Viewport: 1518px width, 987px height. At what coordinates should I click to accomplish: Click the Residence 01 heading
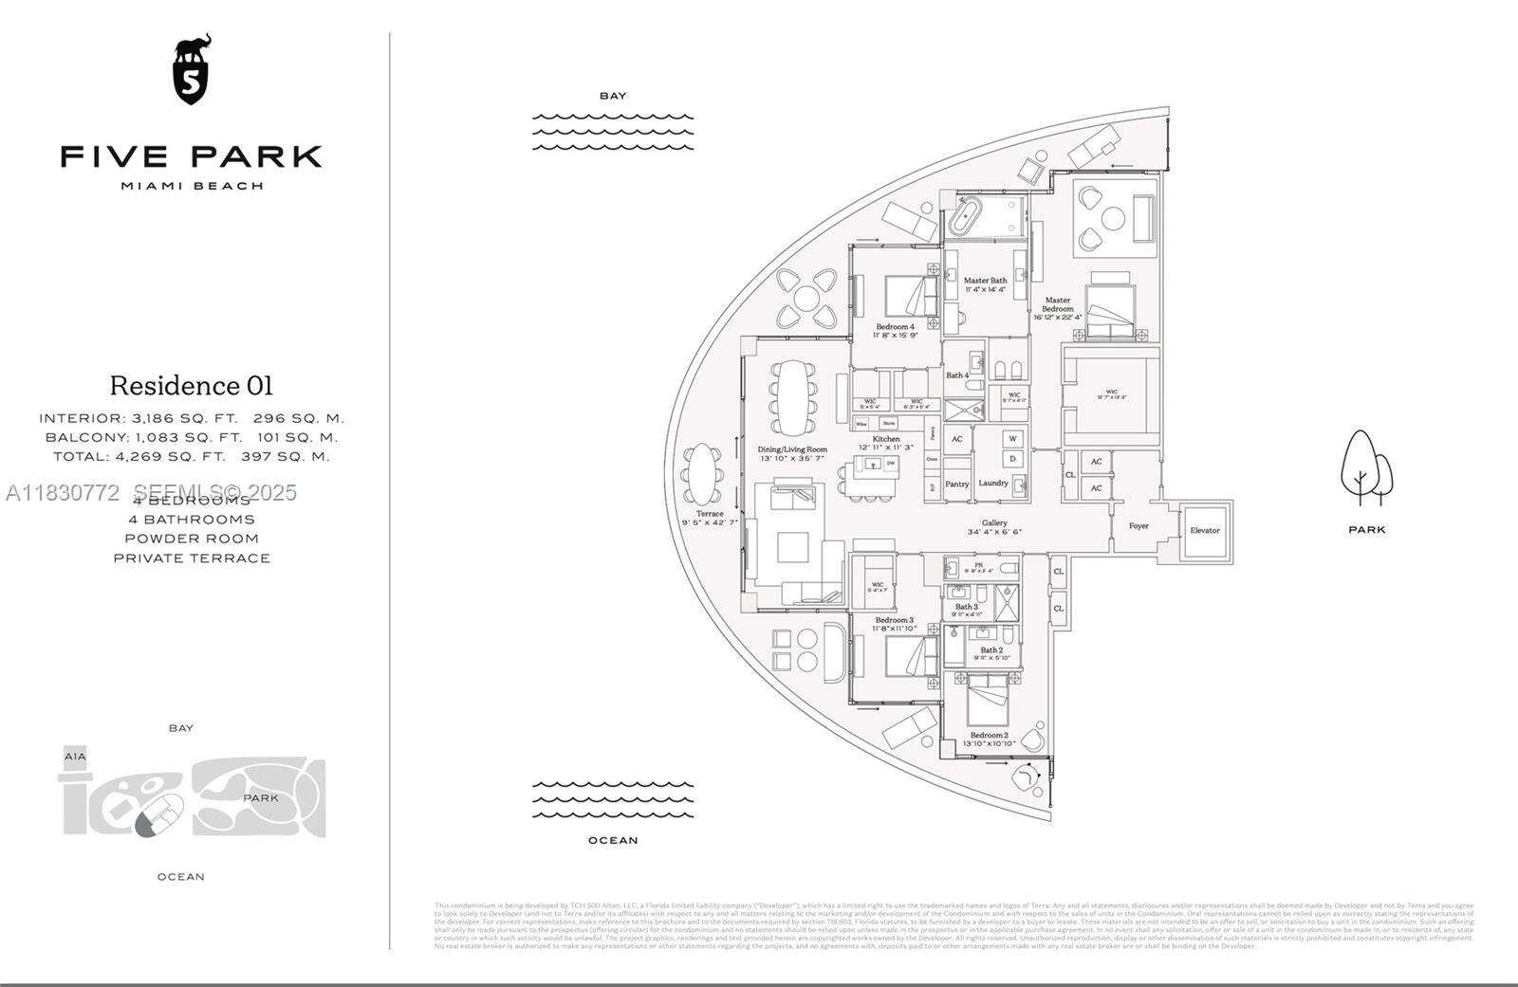tap(192, 386)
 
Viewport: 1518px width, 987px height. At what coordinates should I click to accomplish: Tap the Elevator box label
tap(1205, 530)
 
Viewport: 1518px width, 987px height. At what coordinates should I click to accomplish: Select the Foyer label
tap(1138, 525)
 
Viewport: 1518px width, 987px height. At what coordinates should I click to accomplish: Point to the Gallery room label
tap(994, 523)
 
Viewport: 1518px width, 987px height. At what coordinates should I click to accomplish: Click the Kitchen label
tap(886, 439)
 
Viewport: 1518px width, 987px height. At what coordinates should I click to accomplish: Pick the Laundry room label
tap(993, 483)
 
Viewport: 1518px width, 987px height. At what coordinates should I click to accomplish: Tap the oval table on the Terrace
tap(703, 476)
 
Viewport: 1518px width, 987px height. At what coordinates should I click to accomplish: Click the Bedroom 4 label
tap(896, 326)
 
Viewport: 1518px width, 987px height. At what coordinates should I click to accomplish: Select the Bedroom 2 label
tap(989, 735)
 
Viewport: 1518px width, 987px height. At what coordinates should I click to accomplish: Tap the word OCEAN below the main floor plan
tap(613, 841)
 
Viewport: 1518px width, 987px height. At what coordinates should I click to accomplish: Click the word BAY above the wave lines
tap(613, 96)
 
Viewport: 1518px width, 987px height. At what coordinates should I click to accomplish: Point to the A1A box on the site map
tap(75, 757)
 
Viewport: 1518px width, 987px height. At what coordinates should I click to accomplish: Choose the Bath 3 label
tap(966, 607)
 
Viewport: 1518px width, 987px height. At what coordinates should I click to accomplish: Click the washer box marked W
tap(1012, 439)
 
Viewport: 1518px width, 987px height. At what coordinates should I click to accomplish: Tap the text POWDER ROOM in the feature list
tap(192, 539)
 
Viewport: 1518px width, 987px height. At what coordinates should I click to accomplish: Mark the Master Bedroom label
tap(1057, 304)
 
